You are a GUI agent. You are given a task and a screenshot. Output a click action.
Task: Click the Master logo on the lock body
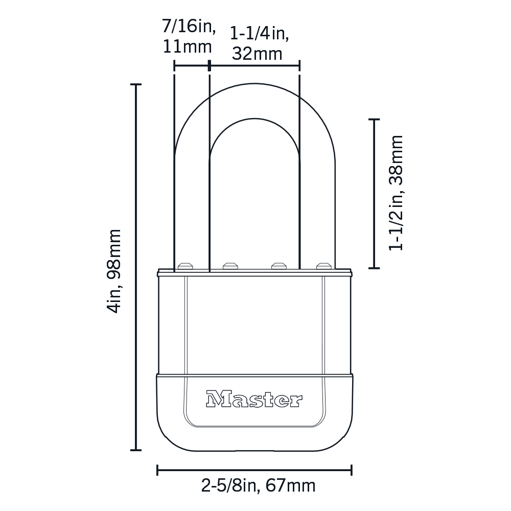point(254,399)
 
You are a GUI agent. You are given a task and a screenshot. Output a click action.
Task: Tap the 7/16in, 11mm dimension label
point(189,37)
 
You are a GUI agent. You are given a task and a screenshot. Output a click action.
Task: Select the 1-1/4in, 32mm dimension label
point(259,43)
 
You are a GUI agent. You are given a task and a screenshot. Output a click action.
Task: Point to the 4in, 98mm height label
point(114,271)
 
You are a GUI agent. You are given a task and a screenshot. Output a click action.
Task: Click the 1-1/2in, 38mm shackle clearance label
point(397,193)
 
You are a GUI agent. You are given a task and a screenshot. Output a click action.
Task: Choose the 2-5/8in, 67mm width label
point(259,486)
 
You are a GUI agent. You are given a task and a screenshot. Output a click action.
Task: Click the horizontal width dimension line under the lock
point(254,470)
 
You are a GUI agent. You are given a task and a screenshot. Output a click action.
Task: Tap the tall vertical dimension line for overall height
point(136,267)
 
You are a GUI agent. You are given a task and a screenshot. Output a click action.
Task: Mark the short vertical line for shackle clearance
point(374,194)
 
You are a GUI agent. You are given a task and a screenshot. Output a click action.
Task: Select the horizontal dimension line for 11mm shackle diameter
point(191,66)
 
